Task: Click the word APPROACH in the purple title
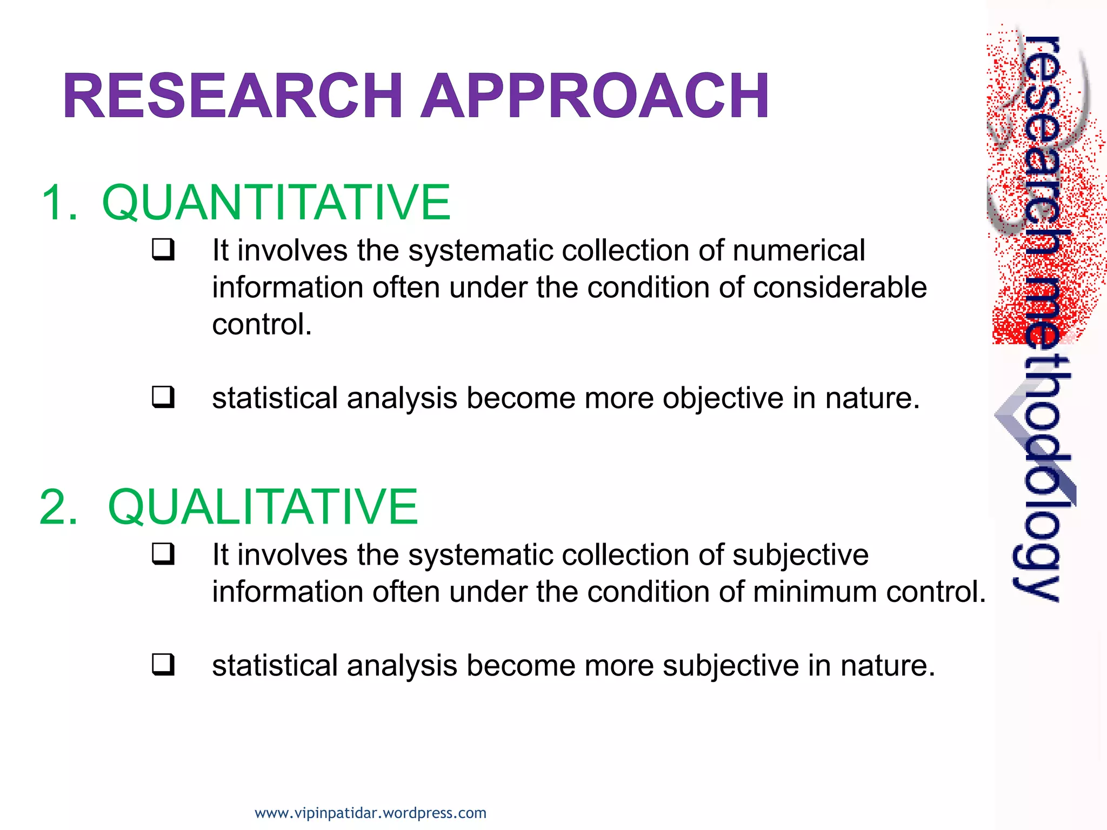click(595, 96)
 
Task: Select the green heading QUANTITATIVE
click(276, 203)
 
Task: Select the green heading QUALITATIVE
click(263, 507)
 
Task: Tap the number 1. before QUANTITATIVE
click(59, 203)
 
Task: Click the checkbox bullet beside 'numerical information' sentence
click(163, 250)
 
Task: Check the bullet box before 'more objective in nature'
click(163, 397)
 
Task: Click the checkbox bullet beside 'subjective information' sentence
click(163, 554)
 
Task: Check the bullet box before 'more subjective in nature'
click(163, 665)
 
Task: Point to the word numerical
click(798, 251)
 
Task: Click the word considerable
click(839, 287)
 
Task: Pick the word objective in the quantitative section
click(723, 399)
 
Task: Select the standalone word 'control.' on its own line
click(262, 325)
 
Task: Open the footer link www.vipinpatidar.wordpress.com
click(370, 813)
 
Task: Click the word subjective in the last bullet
click(730, 666)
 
